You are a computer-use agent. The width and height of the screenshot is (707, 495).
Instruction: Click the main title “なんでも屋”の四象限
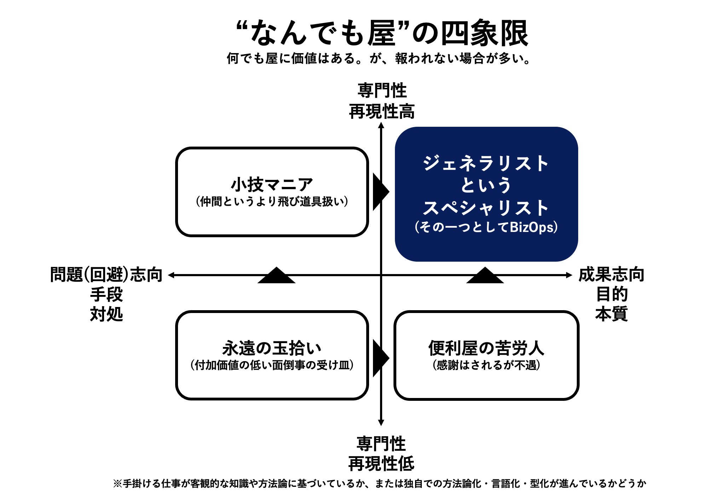pos(382,33)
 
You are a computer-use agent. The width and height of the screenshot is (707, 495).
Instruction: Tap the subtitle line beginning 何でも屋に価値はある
pos(379,58)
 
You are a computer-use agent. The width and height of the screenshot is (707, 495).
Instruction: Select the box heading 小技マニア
pos(272,184)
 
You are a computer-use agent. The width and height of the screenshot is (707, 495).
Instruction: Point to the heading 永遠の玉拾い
pos(272,348)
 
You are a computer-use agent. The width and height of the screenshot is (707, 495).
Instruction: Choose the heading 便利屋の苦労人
pos(487,348)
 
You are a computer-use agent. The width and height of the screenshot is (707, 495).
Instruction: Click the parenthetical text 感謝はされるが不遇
pos(487,365)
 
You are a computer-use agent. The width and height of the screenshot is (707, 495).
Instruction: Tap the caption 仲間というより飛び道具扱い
pos(272,201)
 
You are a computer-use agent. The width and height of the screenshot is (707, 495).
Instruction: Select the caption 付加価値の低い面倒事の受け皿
pos(272,365)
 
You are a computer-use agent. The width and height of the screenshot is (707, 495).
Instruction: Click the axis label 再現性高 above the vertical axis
pos(381,111)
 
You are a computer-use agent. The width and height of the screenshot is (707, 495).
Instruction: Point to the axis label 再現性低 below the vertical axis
pos(381,463)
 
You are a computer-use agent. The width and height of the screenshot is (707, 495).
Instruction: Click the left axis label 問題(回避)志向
pos(106,275)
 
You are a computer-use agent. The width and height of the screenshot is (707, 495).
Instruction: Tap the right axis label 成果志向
pos(611,274)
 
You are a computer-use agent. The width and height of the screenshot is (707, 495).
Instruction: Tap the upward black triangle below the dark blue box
pos(485,276)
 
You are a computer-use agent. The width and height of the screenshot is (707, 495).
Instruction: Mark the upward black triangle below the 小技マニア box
pos(276,276)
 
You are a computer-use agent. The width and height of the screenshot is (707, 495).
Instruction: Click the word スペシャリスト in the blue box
pos(486,207)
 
